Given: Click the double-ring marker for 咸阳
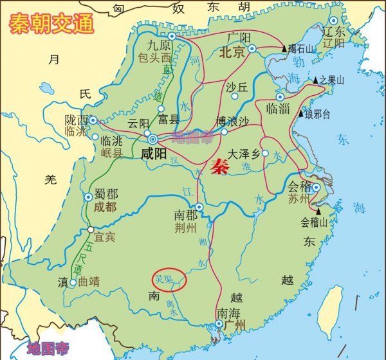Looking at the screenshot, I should click(x=153, y=139).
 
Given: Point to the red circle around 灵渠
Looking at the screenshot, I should click(x=169, y=280).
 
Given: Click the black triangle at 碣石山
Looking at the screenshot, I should click(x=284, y=48).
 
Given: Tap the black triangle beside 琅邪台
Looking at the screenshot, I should click(x=300, y=114).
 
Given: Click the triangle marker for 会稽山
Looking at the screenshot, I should click(x=319, y=210).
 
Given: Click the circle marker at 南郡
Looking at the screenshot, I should click(x=199, y=207).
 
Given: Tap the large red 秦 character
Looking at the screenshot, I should click(x=220, y=164).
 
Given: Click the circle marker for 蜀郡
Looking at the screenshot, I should click(x=88, y=197).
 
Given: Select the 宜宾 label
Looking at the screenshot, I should click(x=104, y=237).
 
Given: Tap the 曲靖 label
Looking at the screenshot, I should click(x=89, y=282).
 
